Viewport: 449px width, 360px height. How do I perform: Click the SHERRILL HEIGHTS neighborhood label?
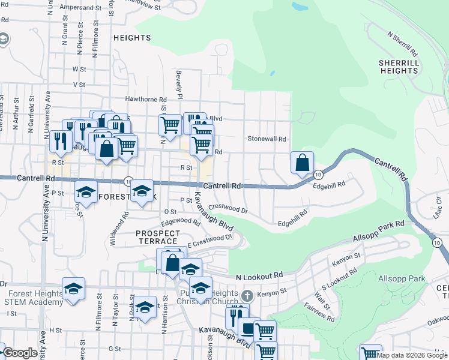click(399, 67)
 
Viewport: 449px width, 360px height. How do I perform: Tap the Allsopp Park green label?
click(402, 278)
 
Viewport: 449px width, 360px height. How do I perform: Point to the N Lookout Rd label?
click(259, 276)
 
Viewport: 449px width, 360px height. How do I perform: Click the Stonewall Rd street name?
click(267, 139)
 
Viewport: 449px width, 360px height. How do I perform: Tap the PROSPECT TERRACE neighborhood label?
click(158, 237)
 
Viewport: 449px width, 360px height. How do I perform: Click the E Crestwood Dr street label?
click(209, 240)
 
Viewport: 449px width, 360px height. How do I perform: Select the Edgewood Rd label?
click(181, 221)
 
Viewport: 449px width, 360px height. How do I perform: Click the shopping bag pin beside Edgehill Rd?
click(302, 162)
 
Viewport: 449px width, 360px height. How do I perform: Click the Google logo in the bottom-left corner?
click(20, 353)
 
